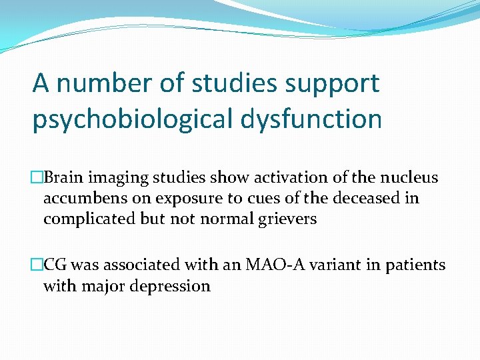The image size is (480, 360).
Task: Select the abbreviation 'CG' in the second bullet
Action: pos(58,265)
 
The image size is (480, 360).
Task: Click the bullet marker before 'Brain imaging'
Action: pos(38,177)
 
